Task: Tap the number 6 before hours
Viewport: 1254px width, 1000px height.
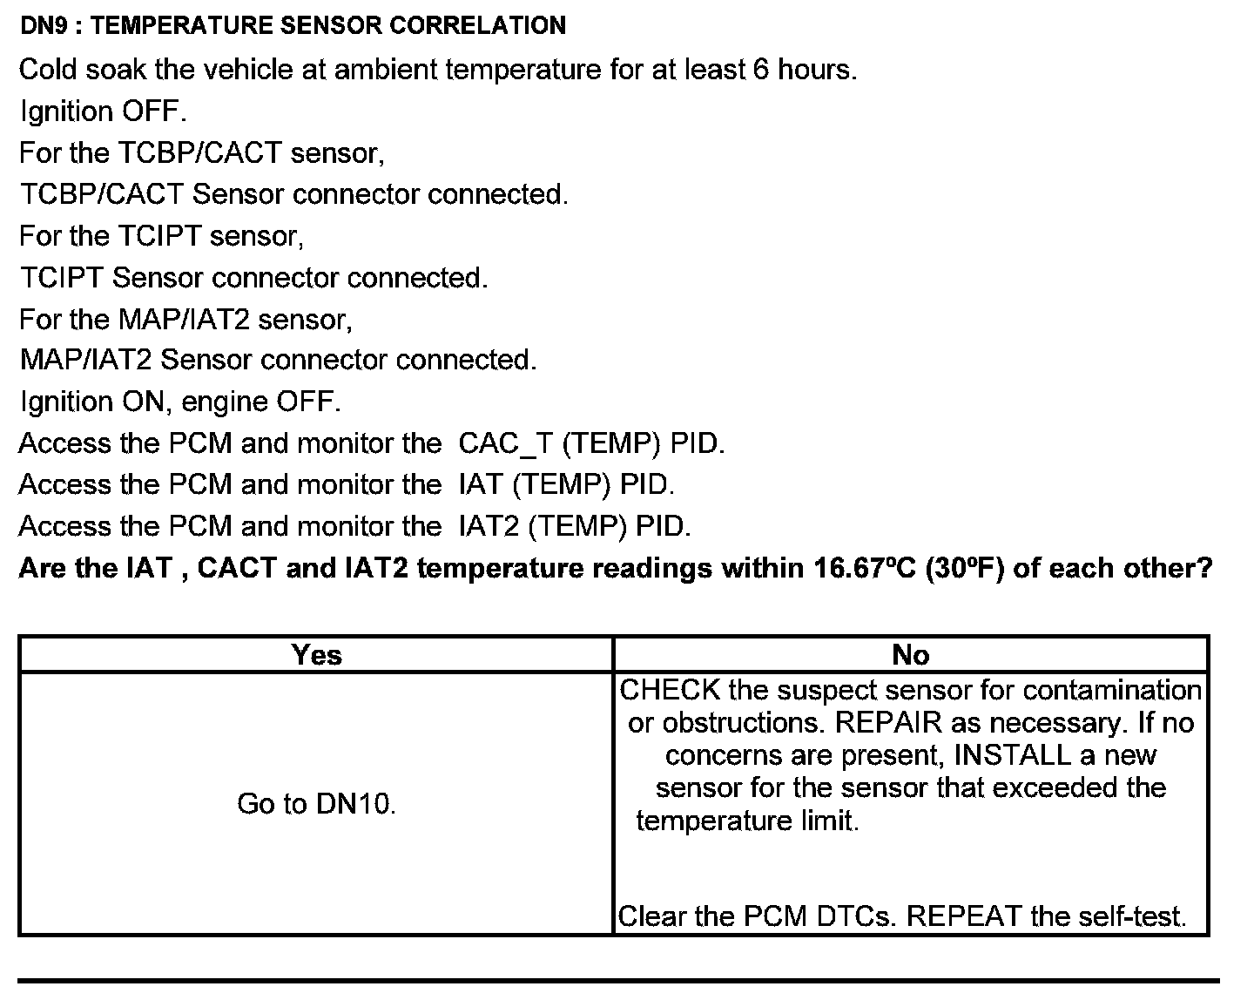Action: coord(759,70)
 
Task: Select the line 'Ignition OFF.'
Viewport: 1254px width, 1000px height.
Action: coord(103,111)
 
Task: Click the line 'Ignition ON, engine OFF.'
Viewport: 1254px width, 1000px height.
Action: coord(179,402)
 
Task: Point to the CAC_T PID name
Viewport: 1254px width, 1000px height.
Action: coord(505,443)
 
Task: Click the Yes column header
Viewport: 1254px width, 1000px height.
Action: coord(316,655)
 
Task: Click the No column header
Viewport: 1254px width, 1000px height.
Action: coord(911,655)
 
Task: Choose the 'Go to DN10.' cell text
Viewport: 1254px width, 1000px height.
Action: coord(316,804)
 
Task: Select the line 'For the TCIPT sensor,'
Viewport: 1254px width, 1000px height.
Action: coord(161,236)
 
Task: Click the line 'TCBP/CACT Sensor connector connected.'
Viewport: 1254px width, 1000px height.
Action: coord(293,194)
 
